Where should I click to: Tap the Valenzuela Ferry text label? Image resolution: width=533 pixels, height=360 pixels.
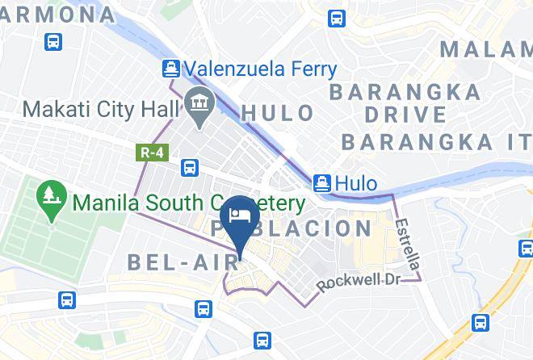tap(259, 69)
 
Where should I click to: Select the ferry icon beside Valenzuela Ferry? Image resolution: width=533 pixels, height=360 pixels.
tap(171, 69)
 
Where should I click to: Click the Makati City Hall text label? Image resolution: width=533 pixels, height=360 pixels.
tap(102, 107)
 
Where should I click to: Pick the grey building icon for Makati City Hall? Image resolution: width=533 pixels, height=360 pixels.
tap(196, 103)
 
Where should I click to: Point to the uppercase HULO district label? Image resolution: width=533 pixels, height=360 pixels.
tap(278, 113)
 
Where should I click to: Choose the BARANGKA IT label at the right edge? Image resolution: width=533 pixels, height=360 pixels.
tap(436, 142)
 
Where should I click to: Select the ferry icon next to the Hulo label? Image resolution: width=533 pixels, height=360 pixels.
tap(322, 183)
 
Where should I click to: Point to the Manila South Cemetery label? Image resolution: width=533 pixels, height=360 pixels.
tap(188, 203)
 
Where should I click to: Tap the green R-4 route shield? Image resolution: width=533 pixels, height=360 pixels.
tap(145, 151)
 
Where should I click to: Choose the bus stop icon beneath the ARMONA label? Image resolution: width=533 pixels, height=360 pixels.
tap(53, 41)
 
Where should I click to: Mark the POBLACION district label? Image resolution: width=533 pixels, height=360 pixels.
tap(295, 228)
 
